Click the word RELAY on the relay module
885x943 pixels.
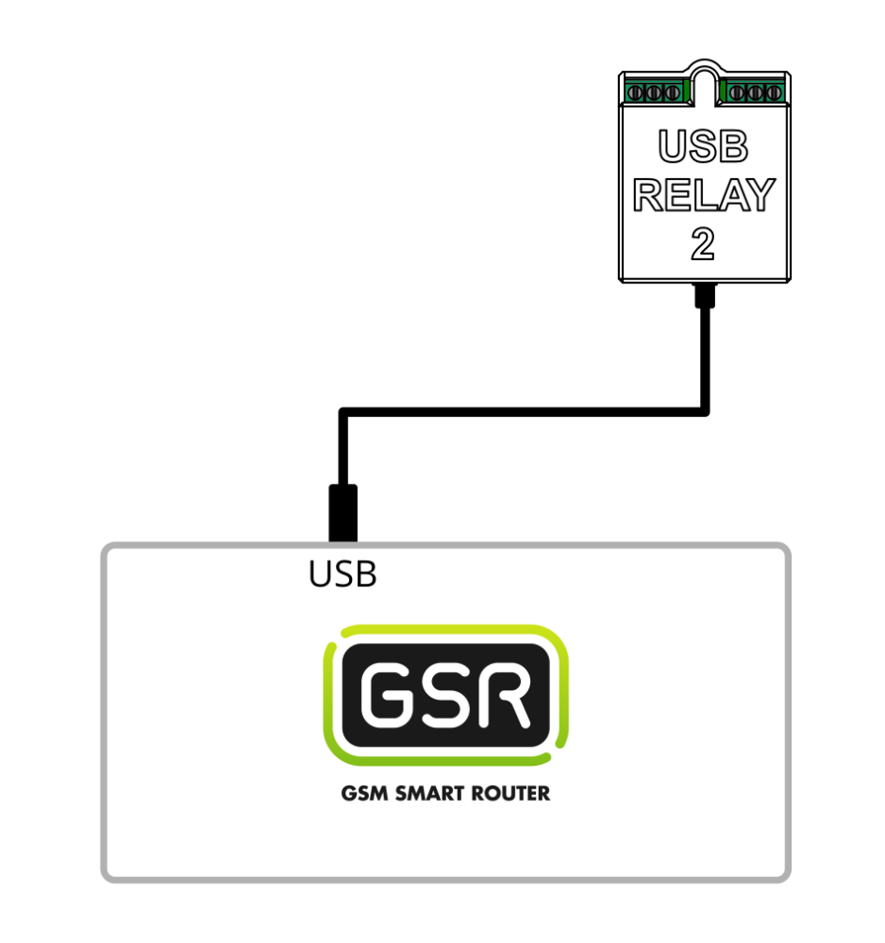[x=703, y=195]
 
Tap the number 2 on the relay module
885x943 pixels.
[x=703, y=244]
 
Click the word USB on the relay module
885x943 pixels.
[x=703, y=147]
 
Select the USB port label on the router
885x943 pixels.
[x=342, y=574]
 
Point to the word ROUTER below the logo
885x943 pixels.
[x=513, y=793]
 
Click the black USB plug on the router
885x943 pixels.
[x=342, y=513]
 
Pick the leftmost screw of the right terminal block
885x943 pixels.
[x=739, y=92]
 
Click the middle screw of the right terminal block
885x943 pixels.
[x=756, y=92]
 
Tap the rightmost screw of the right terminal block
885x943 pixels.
[x=773, y=92]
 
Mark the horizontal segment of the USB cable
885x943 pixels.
[x=524, y=411]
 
